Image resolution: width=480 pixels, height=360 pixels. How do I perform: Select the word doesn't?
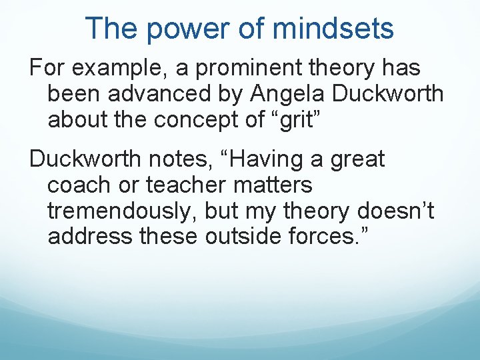click(x=395, y=210)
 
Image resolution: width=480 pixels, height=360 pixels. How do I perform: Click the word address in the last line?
click(x=90, y=235)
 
